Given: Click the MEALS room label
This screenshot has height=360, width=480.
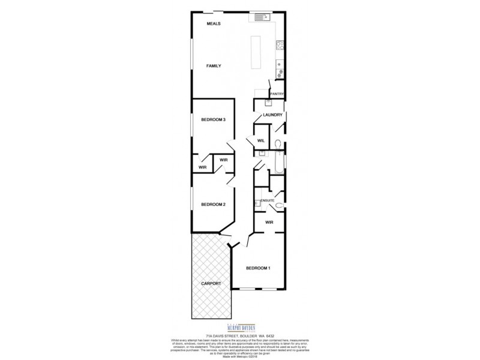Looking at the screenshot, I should pyautogui.click(x=214, y=23).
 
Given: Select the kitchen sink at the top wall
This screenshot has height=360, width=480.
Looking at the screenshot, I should pyautogui.click(x=262, y=17).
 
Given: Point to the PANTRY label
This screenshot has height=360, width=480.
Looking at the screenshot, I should pyautogui.click(x=276, y=94).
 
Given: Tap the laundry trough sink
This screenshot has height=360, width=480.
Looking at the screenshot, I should pyautogui.click(x=269, y=103).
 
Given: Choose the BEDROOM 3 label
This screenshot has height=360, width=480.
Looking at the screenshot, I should pyautogui.click(x=213, y=120).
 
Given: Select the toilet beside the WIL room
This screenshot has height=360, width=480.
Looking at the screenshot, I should pyautogui.click(x=278, y=143).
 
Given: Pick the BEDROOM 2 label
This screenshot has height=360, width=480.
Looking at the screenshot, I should pyautogui.click(x=213, y=205).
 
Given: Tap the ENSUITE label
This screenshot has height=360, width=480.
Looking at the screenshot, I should pyautogui.click(x=266, y=200).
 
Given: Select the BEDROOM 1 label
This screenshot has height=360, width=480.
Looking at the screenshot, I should pyautogui.click(x=256, y=268).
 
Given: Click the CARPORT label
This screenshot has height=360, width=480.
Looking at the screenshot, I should pyautogui.click(x=211, y=283).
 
